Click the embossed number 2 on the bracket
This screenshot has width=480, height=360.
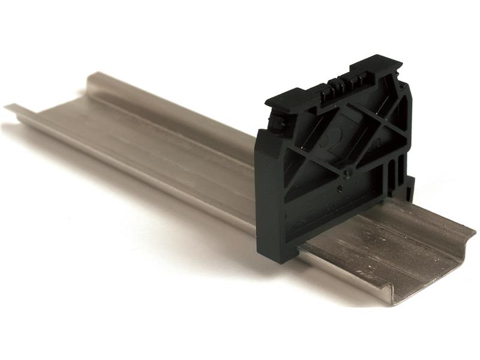pyautogui.click(x=329, y=141)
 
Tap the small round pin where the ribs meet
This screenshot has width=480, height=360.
pyautogui.click(x=347, y=173)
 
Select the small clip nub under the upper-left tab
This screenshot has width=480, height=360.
pyautogui.click(x=277, y=123)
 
